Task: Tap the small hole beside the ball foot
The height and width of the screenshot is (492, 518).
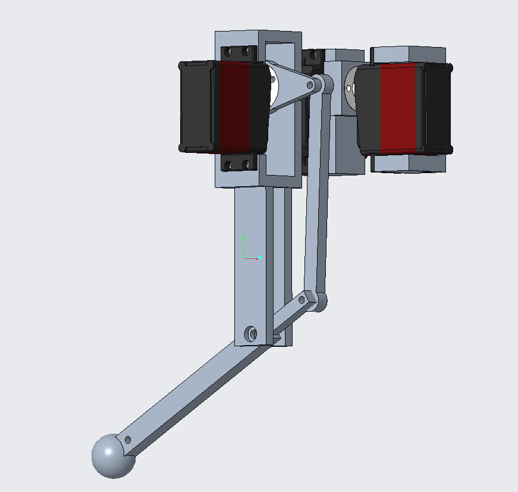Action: pos(127,441)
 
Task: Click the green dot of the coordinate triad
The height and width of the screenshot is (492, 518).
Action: pos(244,237)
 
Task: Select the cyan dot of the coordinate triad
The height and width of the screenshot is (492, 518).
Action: pos(260,258)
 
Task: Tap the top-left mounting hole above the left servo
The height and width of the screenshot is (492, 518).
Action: pos(228,52)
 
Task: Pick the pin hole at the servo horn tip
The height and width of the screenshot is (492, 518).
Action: pos(310,85)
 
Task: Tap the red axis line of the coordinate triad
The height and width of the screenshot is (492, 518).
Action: pos(250,258)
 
